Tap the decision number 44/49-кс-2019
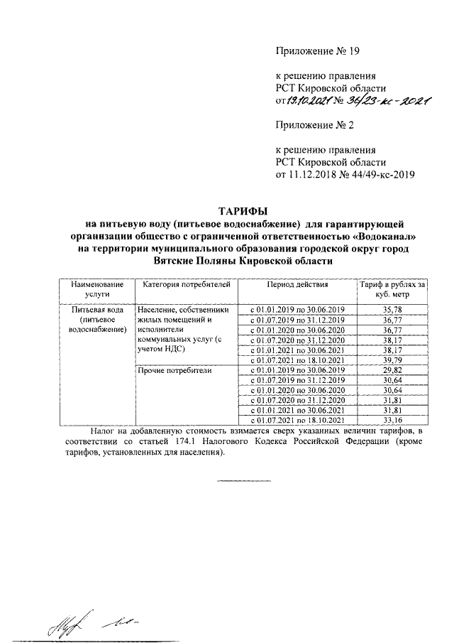click(x=380, y=174)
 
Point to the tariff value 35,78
click(x=392, y=310)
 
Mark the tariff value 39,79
click(x=392, y=361)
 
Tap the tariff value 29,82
click(x=392, y=371)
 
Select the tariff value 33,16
click(x=392, y=421)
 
